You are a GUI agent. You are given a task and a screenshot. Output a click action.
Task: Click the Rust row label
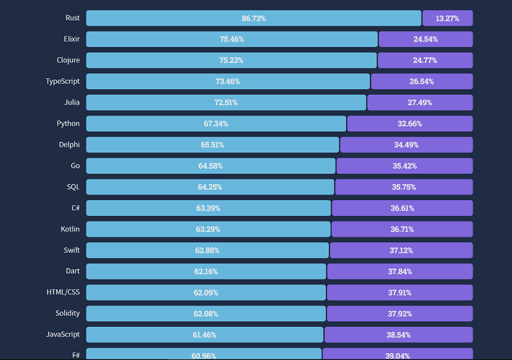coord(72,18)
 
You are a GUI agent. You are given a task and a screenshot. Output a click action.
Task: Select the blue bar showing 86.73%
coord(253,18)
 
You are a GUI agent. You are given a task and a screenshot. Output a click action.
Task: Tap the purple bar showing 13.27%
coord(447,18)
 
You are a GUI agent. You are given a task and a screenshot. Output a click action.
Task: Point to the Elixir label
coord(71,39)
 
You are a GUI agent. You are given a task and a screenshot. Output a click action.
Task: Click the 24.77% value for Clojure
coord(425,60)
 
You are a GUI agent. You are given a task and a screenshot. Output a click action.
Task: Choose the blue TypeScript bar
coord(228,82)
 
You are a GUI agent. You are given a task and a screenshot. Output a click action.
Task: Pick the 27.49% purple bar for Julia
coord(420,102)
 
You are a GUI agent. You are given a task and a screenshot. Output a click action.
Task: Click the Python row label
coord(68,123)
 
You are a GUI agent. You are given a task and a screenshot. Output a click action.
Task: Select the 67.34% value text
coord(216,124)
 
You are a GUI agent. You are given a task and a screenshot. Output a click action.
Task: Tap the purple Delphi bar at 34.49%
coord(406,145)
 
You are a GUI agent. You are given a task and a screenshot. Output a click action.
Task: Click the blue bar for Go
coord(210,166)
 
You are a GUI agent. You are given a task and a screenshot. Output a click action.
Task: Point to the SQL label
coord(73,187)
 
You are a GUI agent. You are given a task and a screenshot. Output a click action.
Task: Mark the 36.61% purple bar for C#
coord(402,208)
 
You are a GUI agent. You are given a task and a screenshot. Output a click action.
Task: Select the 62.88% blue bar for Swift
coord(207,250)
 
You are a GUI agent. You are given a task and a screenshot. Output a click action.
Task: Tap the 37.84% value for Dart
coord(400,271)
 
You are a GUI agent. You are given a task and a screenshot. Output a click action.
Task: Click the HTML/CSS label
coord(63,292)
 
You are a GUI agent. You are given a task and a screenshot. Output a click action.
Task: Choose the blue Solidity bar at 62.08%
coord(205,314)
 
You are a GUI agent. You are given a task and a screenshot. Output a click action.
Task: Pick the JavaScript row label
coord(62,334)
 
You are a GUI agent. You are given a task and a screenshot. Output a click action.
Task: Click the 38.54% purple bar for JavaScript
coord(399,335)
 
